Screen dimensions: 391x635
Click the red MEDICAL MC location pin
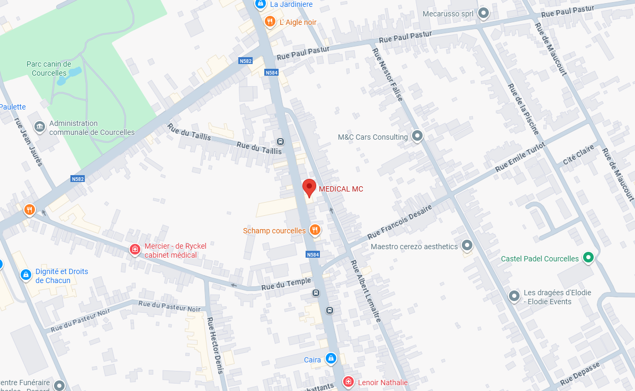click(309, 188)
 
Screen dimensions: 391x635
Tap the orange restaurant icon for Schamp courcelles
click(315, 230)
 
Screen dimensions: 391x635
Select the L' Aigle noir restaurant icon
click(270, 22)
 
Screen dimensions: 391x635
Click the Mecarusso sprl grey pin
click(483, 13)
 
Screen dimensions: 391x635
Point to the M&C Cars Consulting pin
click(417, 137)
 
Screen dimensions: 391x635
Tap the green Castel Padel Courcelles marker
click(588, 258)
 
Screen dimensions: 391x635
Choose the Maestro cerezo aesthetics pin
click(467, 245)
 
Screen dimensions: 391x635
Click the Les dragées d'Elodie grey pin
click(514, 296)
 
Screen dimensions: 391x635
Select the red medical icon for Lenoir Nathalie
click(348, 381)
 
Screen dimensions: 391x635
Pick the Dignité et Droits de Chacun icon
click(25, 275)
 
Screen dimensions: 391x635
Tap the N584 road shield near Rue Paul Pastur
click(271, 72)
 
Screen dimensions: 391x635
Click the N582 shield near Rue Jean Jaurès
click(78, 179)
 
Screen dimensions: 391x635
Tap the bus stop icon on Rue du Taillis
click(280, 141)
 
